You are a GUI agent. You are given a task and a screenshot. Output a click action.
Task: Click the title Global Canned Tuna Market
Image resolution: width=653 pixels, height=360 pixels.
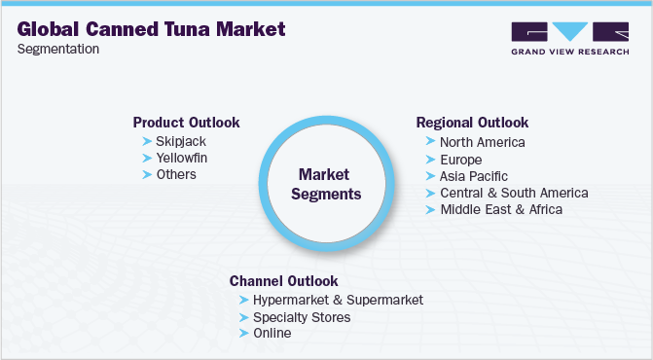point(152,29)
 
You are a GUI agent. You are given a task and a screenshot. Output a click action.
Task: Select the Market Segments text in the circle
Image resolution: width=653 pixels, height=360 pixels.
point(329,184)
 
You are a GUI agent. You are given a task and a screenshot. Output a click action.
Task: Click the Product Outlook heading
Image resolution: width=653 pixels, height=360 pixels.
point(186,123)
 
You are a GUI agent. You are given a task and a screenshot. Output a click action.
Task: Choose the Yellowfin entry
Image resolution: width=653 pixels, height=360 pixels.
point(182,158)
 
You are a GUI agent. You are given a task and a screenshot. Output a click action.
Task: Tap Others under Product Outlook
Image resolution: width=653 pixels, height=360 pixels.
point(176,174)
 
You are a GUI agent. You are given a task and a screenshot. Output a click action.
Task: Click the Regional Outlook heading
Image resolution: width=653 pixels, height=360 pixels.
point(472,123)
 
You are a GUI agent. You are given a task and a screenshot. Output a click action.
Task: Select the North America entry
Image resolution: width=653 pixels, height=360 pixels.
point(483,142)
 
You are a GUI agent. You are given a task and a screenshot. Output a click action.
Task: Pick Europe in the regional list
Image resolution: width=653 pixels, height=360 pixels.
point(461,159)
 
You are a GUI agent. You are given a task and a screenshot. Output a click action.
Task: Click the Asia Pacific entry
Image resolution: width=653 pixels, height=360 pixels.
point(475,176)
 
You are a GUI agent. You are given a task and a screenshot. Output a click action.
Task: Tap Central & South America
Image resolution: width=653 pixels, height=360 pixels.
point(514,193)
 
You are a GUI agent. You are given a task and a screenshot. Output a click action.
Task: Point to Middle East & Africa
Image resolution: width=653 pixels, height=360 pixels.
point(501,209)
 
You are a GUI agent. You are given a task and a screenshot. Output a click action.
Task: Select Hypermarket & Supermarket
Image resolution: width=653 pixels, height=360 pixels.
point(338,301)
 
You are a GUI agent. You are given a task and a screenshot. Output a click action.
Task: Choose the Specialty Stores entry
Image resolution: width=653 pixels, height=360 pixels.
point(301,317)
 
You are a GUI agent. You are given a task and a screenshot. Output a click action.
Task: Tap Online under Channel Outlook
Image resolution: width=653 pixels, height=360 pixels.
point(272,334)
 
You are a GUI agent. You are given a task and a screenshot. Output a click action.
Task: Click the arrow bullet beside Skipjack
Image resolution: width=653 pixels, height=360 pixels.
point(147,141)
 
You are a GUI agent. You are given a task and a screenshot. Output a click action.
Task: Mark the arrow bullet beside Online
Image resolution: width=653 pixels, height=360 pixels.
point(243,334)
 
